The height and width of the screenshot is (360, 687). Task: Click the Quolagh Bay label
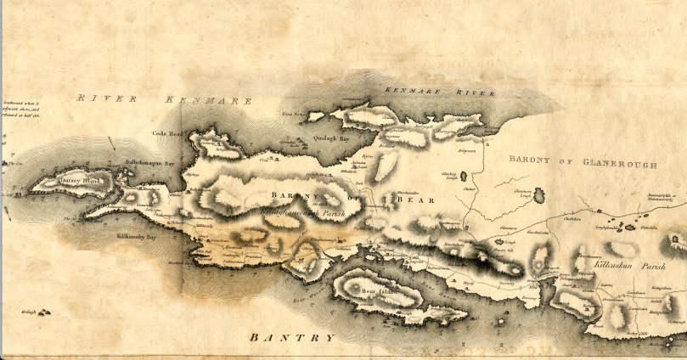point(332,137)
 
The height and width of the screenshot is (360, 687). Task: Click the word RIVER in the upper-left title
point(96,99)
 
